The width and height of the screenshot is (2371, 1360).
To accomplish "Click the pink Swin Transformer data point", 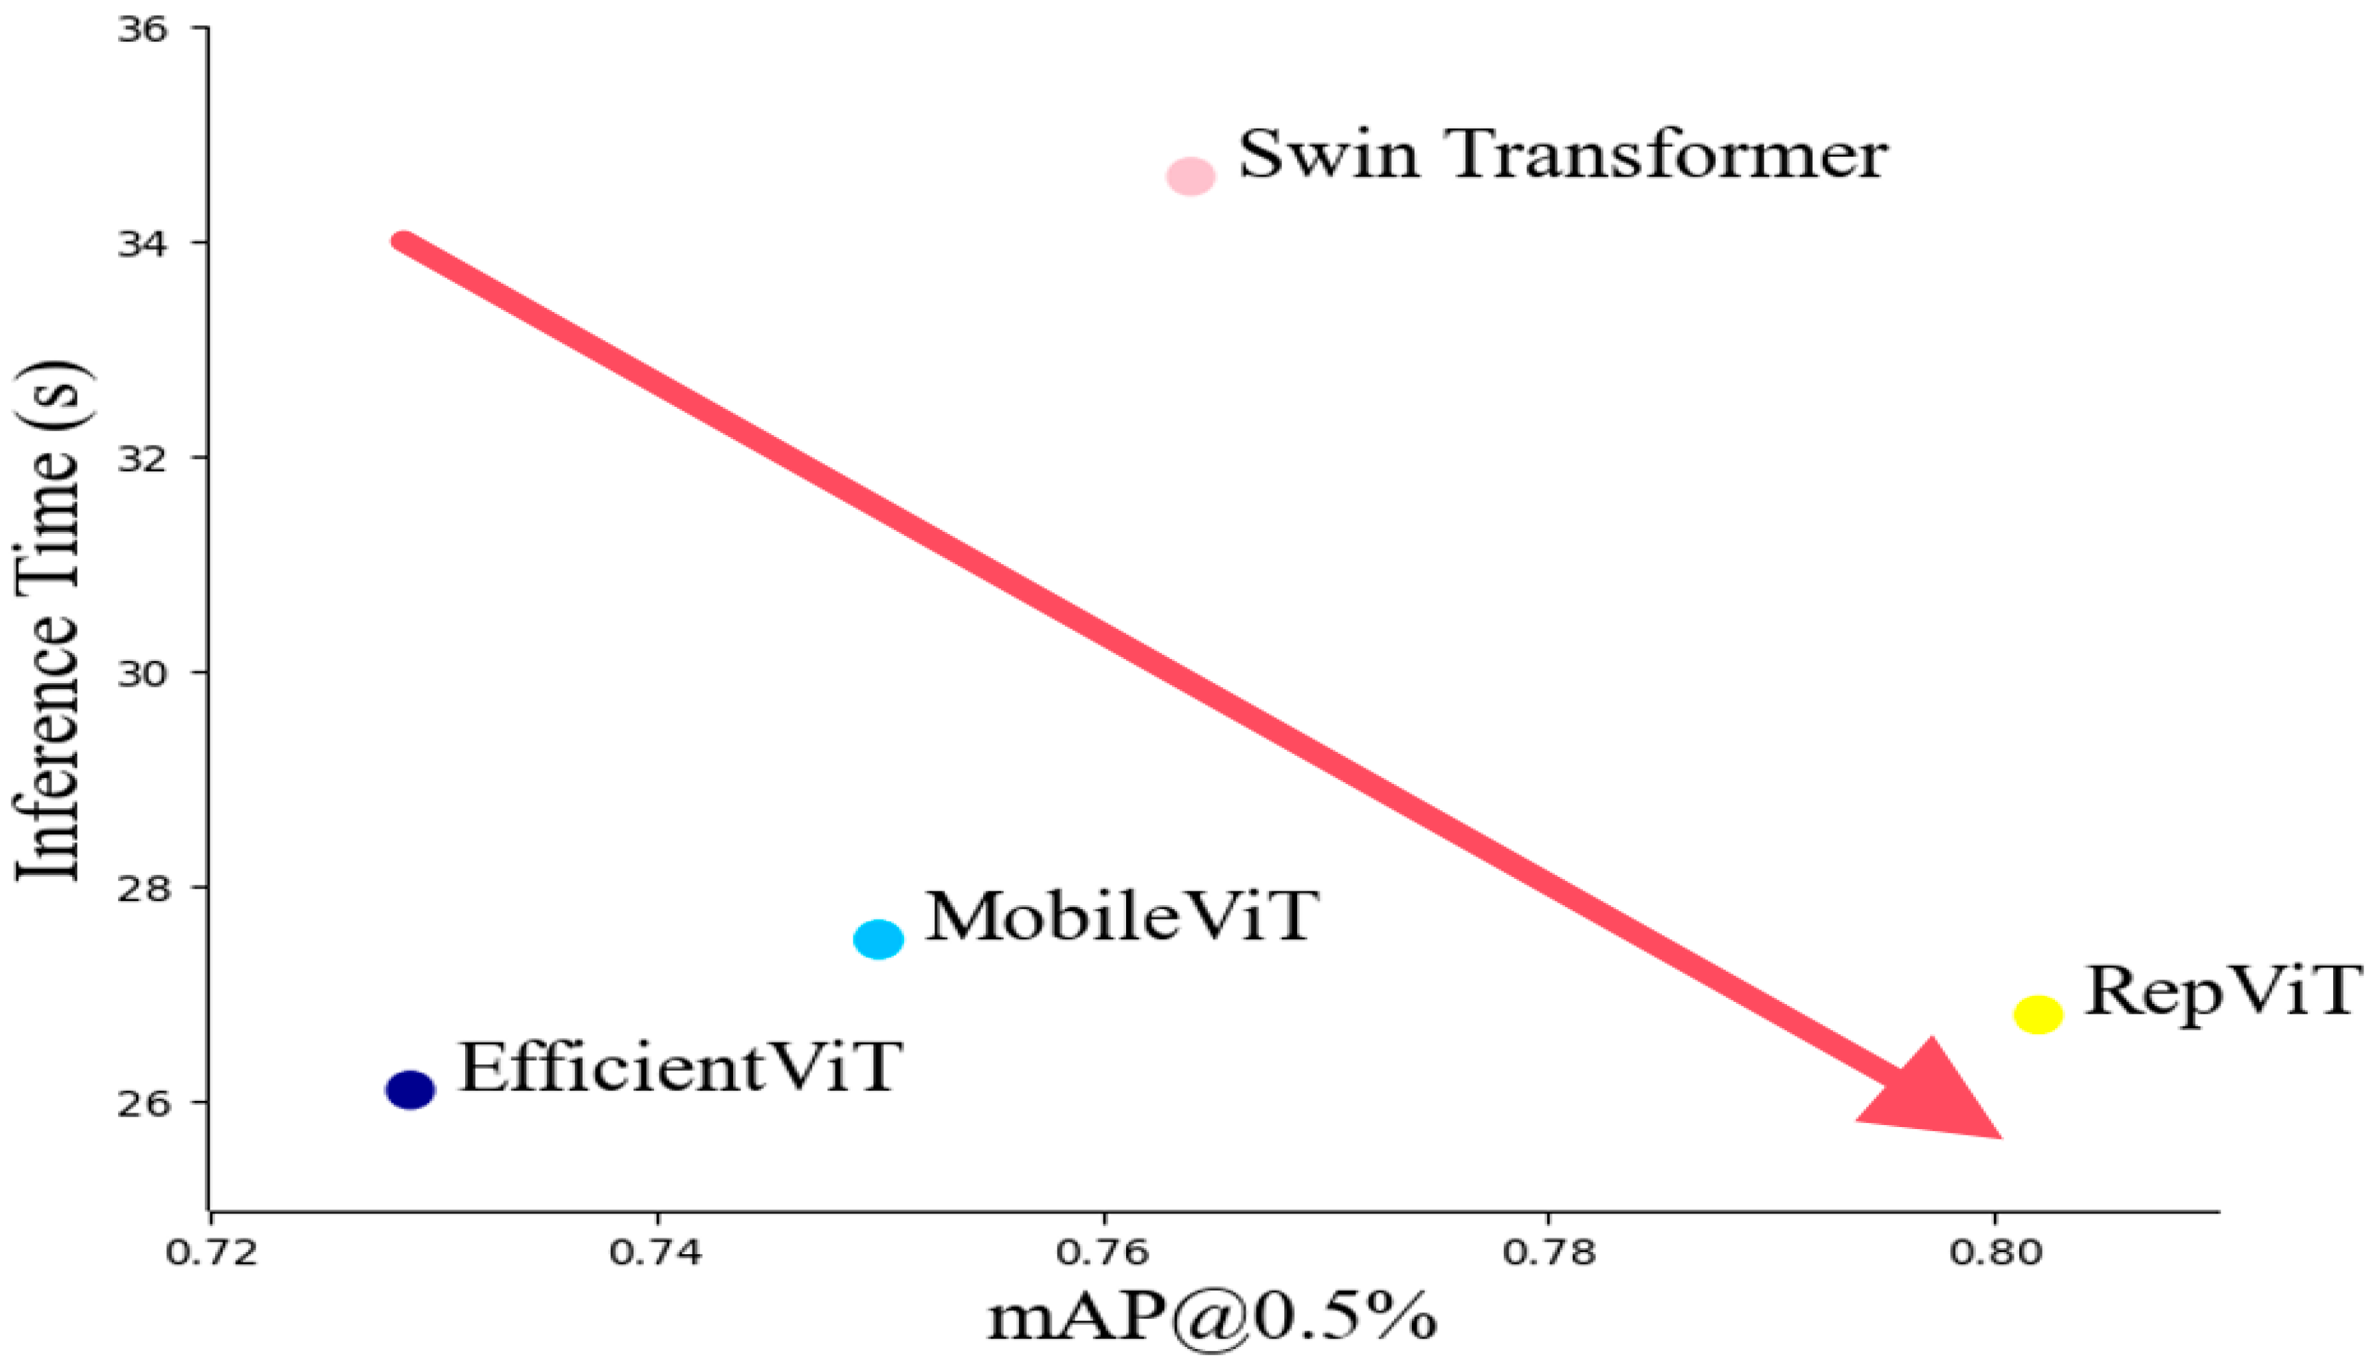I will (1191, 176).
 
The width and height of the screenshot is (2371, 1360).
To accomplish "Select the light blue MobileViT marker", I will (879, 939).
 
